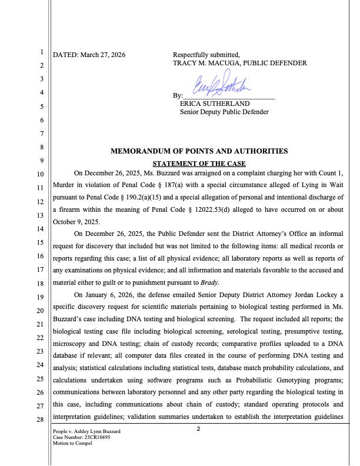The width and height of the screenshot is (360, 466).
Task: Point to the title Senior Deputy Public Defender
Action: click(224, 112)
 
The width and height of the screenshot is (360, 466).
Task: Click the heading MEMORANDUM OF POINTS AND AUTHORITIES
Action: click(199, 151)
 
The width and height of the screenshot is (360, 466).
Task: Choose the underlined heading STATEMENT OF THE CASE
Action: click(199, 163)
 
